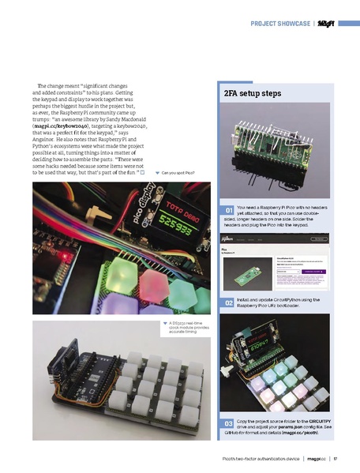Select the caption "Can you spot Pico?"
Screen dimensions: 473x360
point(178,172)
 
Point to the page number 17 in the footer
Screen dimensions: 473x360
point(335,457)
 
